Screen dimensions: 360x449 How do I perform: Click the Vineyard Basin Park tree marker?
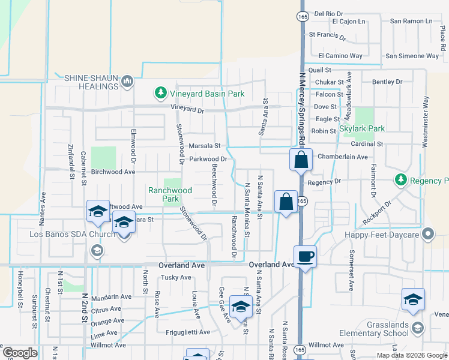coord(160,93)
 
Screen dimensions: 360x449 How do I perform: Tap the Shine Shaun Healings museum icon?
coord(127,81)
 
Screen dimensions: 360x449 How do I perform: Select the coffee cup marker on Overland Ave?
coord(306,257)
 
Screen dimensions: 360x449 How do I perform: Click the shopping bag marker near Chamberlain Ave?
coord(301,161)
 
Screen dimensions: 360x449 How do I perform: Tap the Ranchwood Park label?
coord(170,194)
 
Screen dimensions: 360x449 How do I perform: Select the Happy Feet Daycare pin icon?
coord(428,233)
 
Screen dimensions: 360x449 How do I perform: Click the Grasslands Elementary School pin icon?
coord(418,327)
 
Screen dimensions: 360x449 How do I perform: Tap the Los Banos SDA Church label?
coord(64,234)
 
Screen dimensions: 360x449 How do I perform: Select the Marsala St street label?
coord(205,146)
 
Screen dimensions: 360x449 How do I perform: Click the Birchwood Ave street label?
coord(113,172)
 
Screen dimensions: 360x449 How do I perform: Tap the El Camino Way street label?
coord(340,56)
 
